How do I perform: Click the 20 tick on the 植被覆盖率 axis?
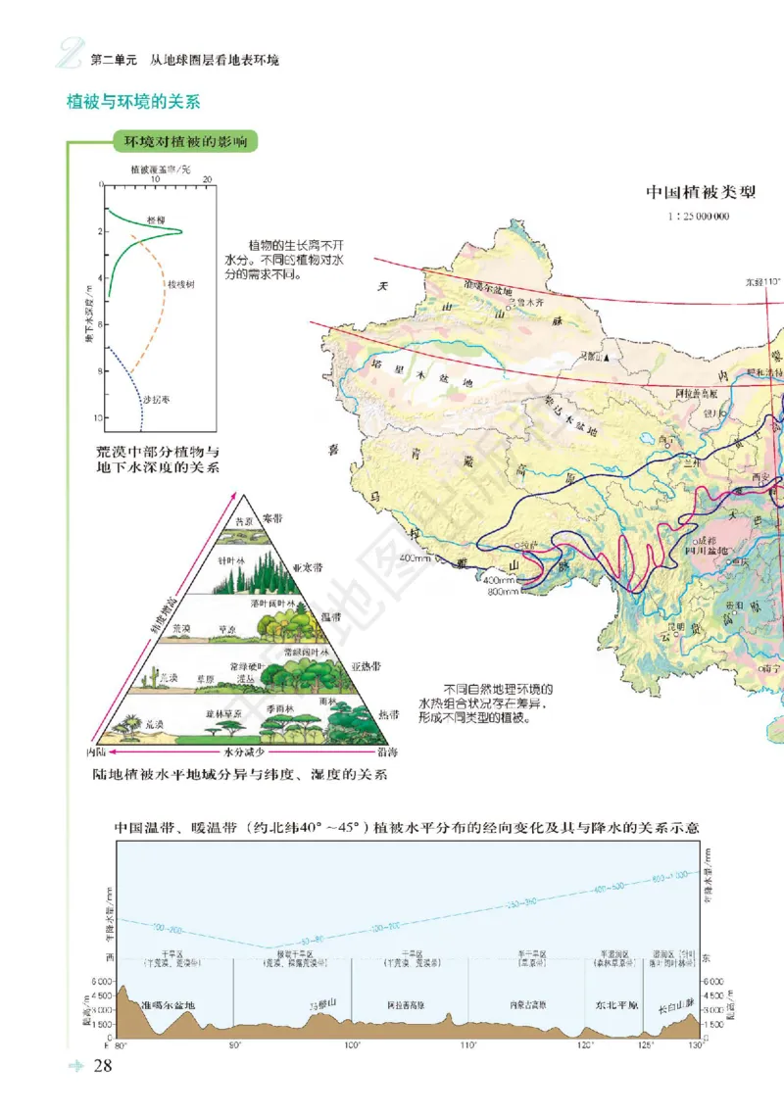pyautogui.click(x=208, y=179)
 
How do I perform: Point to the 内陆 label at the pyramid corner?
pyautogui.click(x=96, y=753)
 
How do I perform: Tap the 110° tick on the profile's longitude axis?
pyautogui.click(x=468, y=1045)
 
